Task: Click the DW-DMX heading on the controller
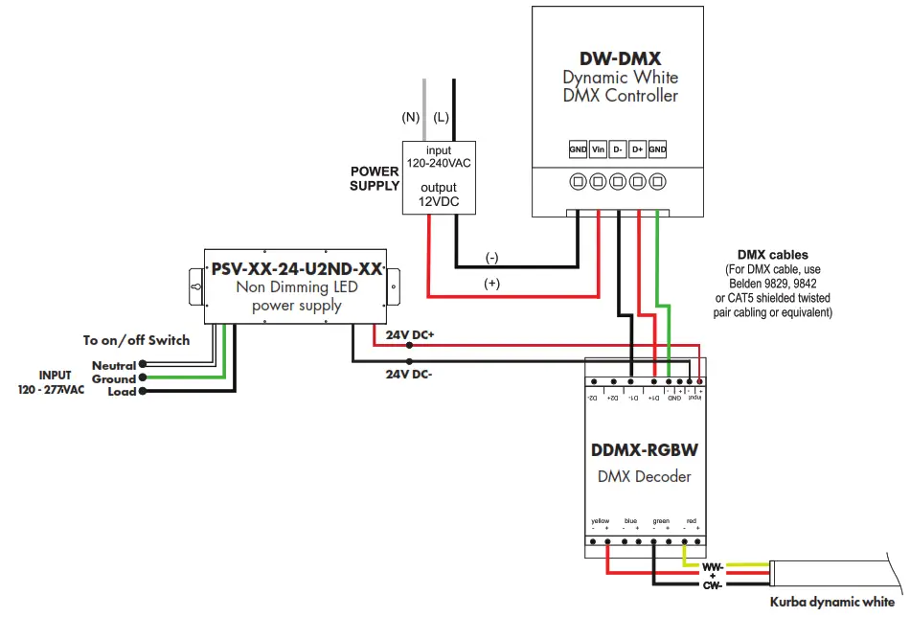tap(620, 58)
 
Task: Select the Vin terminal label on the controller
tap(598, 150)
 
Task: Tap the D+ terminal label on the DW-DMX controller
tap(637, 150)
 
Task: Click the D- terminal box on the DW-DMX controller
tap(618, 150)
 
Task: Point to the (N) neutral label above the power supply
tap(411, 118)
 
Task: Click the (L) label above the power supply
tap(441, 118)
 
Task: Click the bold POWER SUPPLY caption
tap(375, 178)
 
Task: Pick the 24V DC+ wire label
tap(409, 336)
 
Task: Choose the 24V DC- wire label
tap(409, 376)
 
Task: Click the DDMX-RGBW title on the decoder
tap(644, 449)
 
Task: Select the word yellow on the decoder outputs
tap(601, 521)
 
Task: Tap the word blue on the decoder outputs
tap(629, 521)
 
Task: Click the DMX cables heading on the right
tap(772, 255)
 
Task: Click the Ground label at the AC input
tap(113, 378)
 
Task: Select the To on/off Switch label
tap(136, 340)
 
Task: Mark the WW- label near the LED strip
tap(713, 566)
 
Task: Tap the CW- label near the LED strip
tap(713, 584)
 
